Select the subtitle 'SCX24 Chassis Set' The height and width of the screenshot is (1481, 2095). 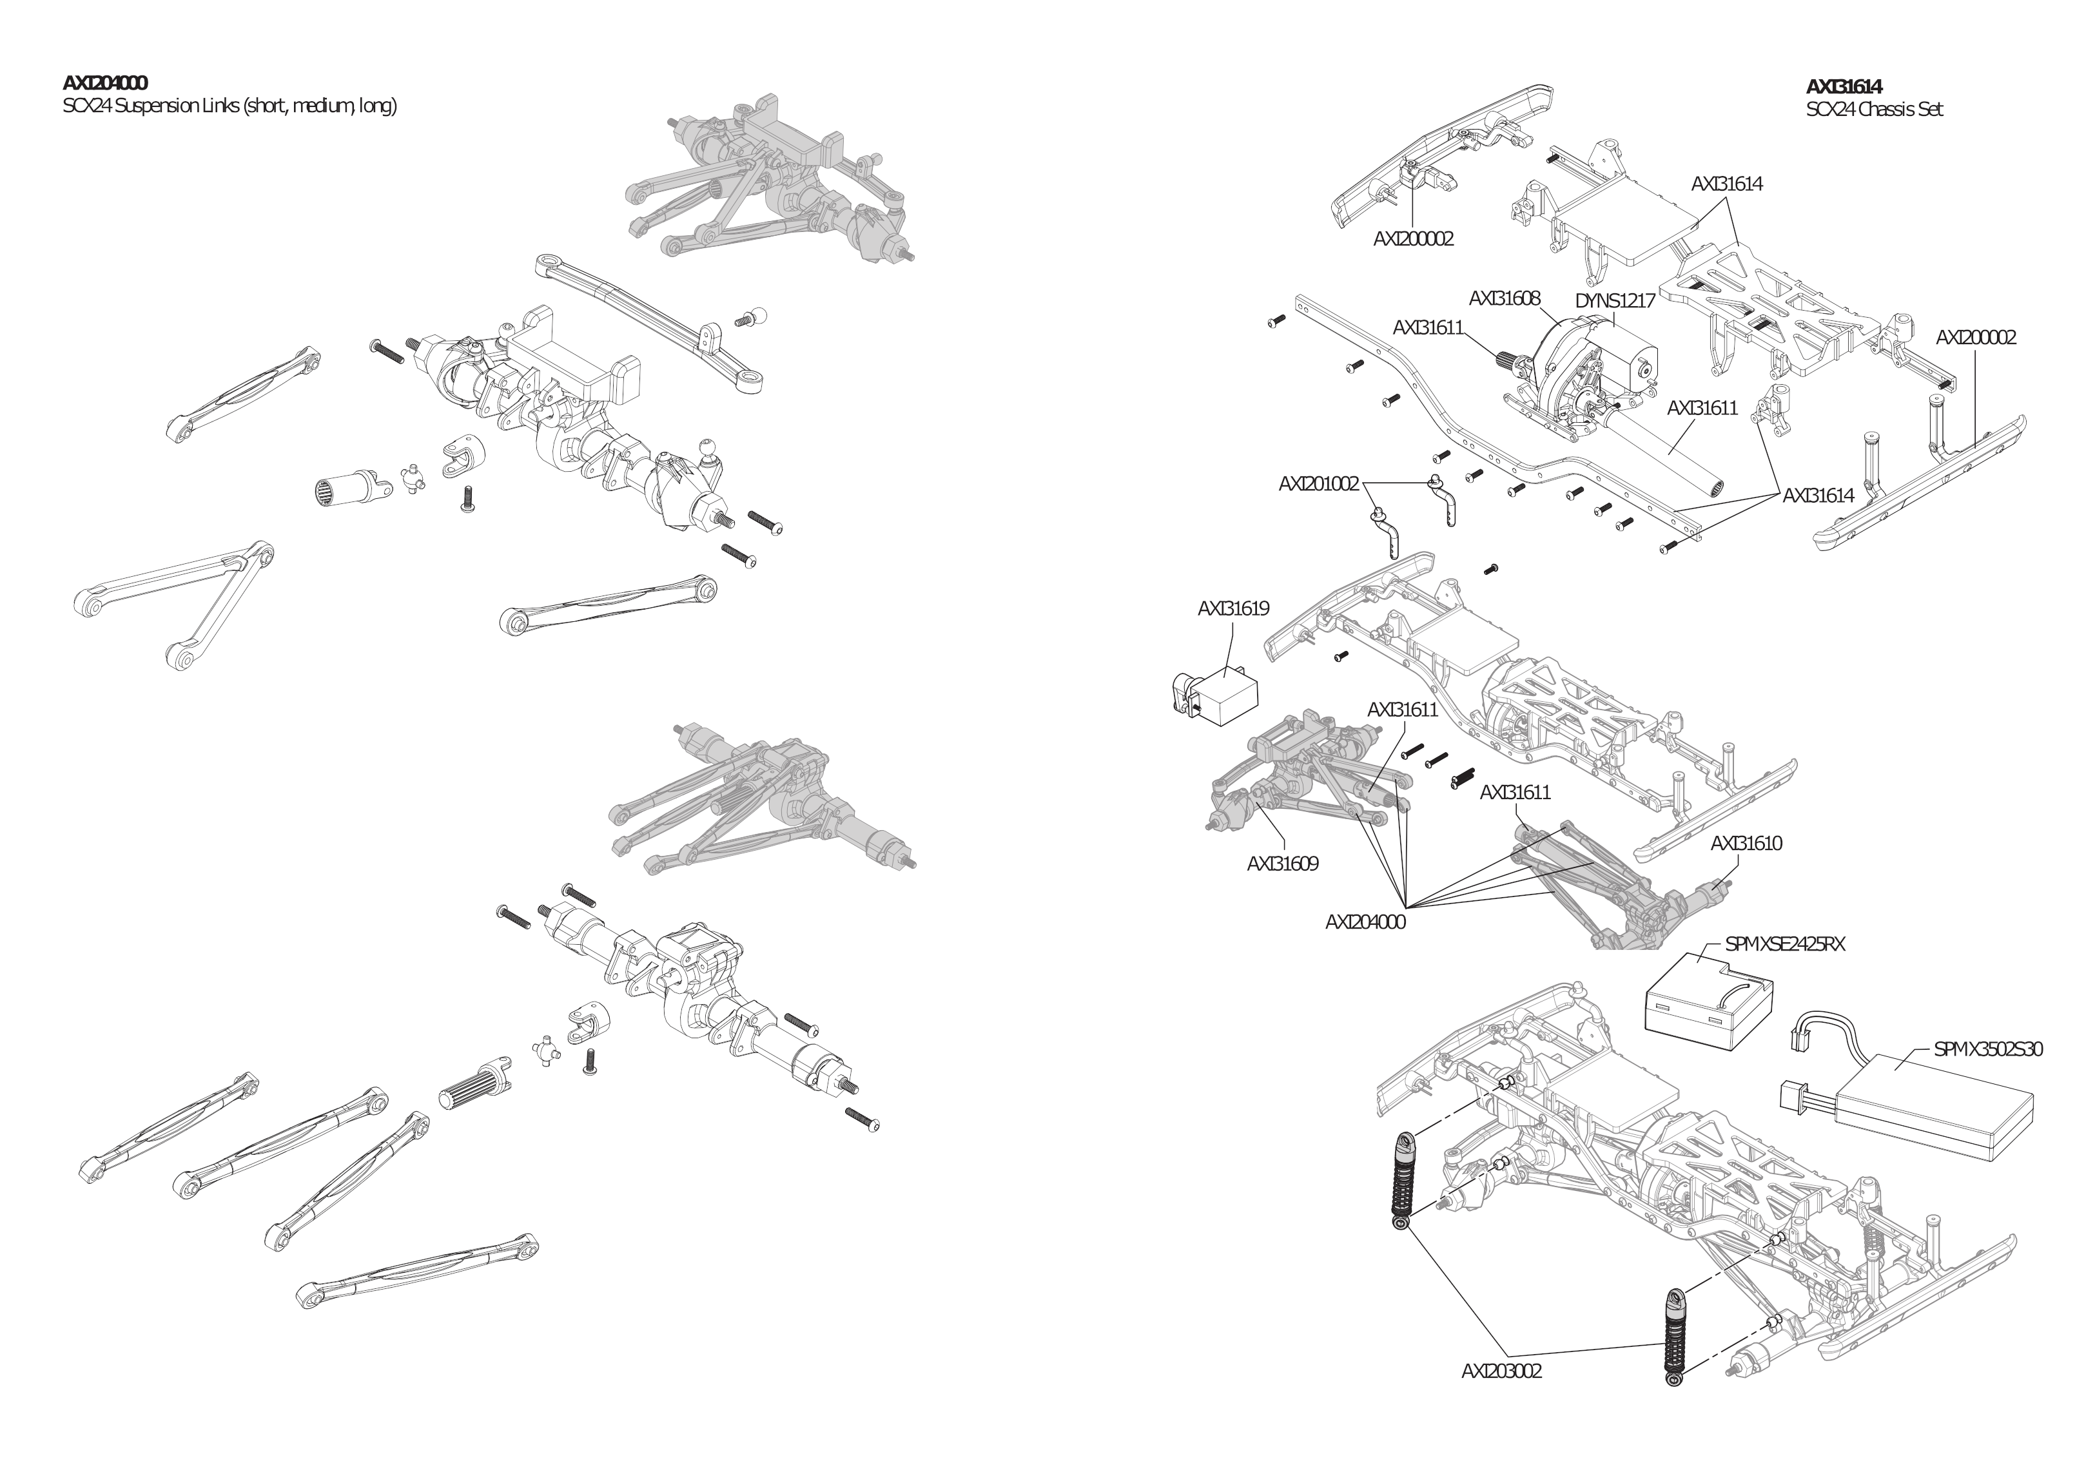pyautogui.click(x=1874, y=110)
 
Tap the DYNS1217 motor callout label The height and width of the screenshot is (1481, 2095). pyautogui.click(x=1615, y=301)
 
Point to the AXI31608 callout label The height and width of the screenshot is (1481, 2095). pyautogui.click(x=1505, y=298)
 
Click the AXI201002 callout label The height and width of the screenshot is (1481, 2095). pyautogui.click(x=1318, y=483)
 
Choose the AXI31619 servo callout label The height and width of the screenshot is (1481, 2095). pyautogui.click(x=1233, y=608)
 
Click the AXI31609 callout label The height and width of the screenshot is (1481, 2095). pyautogui.click(x=1282, y=863)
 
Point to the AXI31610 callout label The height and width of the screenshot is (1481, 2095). pyautogui.click(x=1746, y=843)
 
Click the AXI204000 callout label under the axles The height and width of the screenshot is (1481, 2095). pyautogui.click(x=1365, y=922)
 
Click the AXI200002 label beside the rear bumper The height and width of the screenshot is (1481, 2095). pyautogui.click(x=1976, y=338)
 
